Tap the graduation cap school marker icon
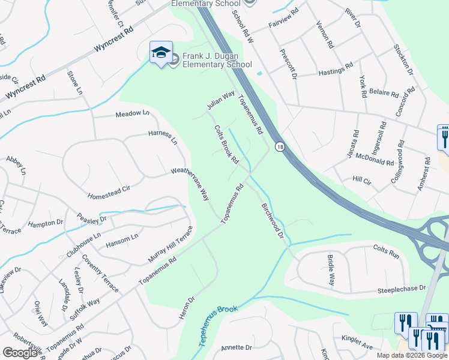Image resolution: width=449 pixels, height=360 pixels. point(161,52)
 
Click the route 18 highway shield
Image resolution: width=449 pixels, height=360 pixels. point(280,146)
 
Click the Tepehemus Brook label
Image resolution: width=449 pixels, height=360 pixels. point(218,326)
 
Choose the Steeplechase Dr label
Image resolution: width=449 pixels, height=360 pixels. point(402,290)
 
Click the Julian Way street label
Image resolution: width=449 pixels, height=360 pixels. point(220,100)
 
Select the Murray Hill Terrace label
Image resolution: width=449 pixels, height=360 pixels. point(171,245)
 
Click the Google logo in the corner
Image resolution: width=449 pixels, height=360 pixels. point(20,353)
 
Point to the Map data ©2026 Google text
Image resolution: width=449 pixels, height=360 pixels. point(412,355)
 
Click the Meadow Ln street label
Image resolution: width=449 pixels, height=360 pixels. point(132,113)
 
